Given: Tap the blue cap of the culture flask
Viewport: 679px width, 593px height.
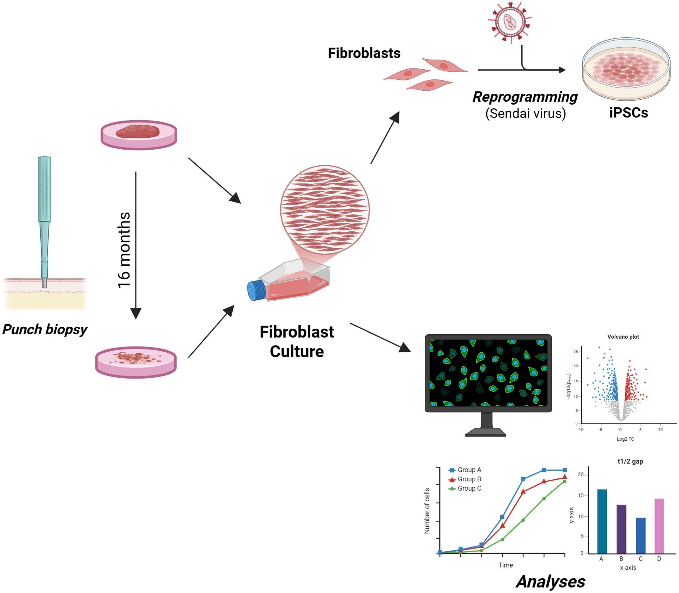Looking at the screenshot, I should tap(256, 290).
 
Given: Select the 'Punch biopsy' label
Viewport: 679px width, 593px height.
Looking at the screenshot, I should tap(45, 329).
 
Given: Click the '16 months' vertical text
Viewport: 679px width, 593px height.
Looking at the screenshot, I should tap(124, 250).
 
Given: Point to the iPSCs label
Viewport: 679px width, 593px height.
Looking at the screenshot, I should tap(629, 113).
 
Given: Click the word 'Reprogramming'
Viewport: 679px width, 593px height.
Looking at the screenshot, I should tap(525, 97).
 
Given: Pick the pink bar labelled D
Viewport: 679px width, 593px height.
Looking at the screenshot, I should tap(659, 526).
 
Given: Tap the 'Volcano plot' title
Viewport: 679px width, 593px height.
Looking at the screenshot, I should tap(623, 337).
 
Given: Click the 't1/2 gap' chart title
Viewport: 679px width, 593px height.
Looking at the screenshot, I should tap(630, 462).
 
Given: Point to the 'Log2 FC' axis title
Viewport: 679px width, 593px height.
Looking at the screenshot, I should tap(625, 439).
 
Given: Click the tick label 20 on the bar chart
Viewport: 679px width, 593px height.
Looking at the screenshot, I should tap(580, 475).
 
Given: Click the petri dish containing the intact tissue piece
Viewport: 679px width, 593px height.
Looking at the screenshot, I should tap(139, 135).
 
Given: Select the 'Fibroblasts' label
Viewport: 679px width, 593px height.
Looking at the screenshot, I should tap(364, 53).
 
